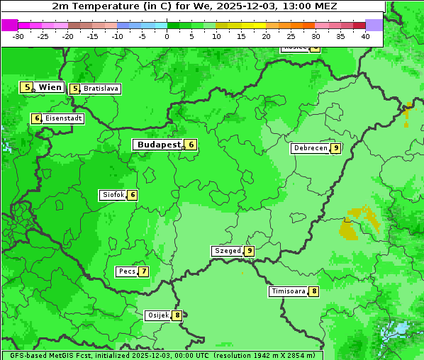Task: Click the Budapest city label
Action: (x=159, y=145)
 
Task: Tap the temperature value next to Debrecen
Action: (x=336, y=148)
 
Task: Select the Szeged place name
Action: (x=228, y=251)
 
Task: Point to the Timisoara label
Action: (x=289, y=291)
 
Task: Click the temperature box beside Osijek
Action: (x=177, y=315)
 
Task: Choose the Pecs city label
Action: (x=128, y=271)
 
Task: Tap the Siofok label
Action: (x=113, y=195)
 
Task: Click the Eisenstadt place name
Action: (x=64, y=118)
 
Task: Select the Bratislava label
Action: (x=101, y=89)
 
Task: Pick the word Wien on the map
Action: (x=50, y=87)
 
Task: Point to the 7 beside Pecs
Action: (x=144, y=271)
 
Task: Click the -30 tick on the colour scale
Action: (x=18, y=36)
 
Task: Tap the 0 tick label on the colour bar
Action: (x=167, y=36)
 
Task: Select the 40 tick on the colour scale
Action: (x=365, y=36)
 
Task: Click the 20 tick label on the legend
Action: (x=266, y=36)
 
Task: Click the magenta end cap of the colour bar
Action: (x=9, y=25)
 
